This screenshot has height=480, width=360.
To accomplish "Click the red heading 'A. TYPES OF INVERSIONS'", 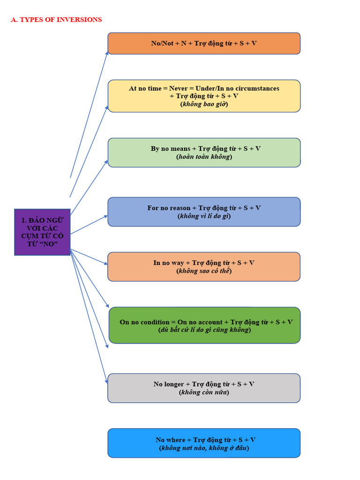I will point(56,20).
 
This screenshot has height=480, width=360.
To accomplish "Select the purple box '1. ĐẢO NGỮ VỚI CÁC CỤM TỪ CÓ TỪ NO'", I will point(42,232).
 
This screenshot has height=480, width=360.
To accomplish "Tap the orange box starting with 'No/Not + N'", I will point(204,44).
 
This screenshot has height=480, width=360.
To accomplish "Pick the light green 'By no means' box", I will point(204,153).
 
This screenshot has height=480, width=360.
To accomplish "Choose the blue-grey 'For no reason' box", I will point(204,212).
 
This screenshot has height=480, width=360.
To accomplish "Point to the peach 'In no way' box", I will point(204,267).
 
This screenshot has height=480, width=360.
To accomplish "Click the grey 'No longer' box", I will point(204,388).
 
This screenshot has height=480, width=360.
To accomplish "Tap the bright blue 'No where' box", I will point(204,443).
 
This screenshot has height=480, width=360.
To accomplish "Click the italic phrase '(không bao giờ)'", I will point(204,104).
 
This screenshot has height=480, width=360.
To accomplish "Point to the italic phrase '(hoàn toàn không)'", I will point(204,157).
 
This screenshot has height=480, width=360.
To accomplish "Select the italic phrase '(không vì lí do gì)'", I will point(204,216).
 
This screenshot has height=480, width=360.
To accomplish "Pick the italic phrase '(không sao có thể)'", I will point(204,271).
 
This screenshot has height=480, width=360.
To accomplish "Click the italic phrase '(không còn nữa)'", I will point(204,392).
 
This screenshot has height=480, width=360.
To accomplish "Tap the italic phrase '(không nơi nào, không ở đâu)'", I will point(204,448).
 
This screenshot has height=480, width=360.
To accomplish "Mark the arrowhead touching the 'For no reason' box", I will point(105,217).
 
